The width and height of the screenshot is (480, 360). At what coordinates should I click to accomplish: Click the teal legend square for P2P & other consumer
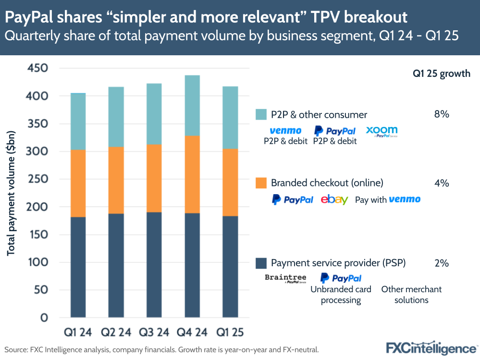[x=261, y=114]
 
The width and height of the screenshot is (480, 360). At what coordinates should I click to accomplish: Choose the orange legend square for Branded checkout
[x=261, y=183]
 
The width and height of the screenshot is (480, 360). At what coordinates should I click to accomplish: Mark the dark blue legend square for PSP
[x=261, y=263]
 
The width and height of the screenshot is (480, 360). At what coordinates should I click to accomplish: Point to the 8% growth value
[x=441, y=114]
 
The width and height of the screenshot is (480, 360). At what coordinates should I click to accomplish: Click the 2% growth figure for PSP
[x=441, y=263]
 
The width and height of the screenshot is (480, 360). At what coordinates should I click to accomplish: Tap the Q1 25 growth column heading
[x=441, y=74]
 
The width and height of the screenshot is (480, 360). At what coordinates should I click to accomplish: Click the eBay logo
[x=334, y=199]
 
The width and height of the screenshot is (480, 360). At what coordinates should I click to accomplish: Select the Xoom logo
[x=382, y=131]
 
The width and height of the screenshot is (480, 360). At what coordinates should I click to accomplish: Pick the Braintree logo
[x=285, y=278]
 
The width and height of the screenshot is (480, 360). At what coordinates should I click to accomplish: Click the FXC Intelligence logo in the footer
[x=431, y=348]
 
